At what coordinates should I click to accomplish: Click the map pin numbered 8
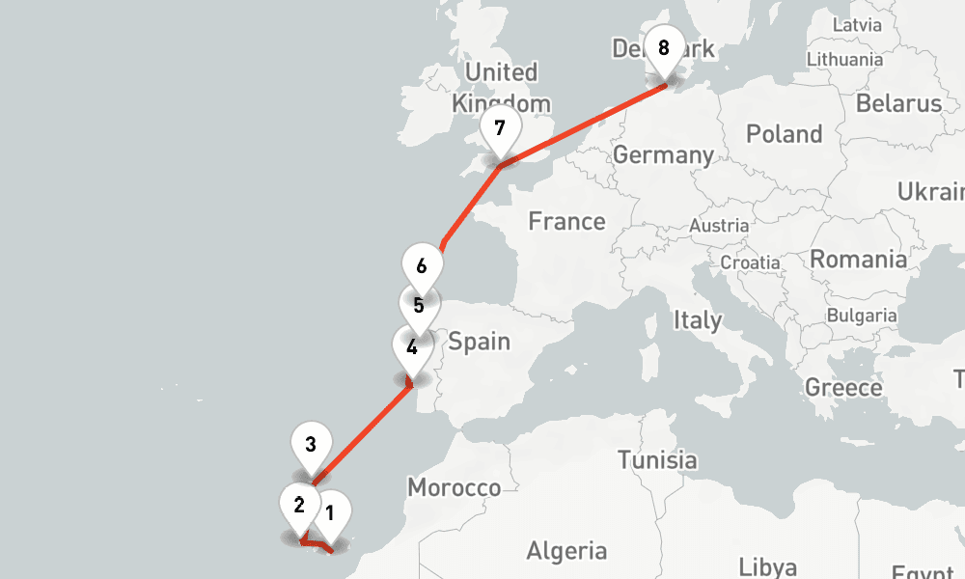coord(663,49)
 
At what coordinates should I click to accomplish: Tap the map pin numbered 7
coord(499,129)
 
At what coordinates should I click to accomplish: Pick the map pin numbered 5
coord(418,307)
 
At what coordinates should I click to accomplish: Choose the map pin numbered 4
coord(412,348)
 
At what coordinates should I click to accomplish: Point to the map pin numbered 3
coord(311,446)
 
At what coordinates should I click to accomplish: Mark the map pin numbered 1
coord(330,513)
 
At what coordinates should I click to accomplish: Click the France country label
coord(566,222)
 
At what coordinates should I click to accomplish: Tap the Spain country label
coord(479,342)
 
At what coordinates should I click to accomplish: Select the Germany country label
coord(663,154)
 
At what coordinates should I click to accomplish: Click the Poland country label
coord(784,134)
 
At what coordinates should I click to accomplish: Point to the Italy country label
coord(697,320)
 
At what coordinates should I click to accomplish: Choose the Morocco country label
coord(454,487)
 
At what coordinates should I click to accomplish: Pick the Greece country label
coord(843,388)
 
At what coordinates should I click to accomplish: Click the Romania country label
coord(858,259)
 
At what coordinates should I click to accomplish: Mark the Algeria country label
coord(566,551)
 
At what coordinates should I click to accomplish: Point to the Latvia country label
coord(856,24)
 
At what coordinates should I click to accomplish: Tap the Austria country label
coord(718,226)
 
